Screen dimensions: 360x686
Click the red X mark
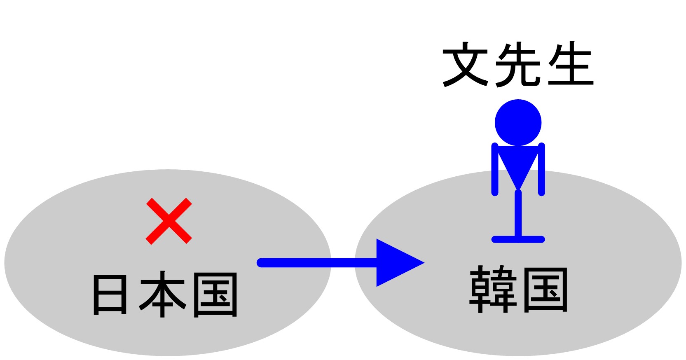click(x=169, y=221)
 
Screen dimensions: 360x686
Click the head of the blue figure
click(x=518, y=122)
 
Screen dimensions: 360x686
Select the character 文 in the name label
click(x=465, y=65)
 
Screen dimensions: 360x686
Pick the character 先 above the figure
click(x=517, y=65)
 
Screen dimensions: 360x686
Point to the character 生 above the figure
click(x=571, y=65)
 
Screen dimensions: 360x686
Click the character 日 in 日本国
click(x=110, y=295)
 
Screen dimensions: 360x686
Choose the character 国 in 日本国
click(x=215, y=295)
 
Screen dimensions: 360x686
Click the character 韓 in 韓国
click(x=493, y=289)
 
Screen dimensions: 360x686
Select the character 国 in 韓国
click(x=546, y=289)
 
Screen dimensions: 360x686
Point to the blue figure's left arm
click(x=495, y=169)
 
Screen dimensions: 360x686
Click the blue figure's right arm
click(x=542, y=169)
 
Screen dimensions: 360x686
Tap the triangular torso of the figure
click(x=518, y=163)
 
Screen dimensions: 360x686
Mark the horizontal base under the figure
click(x=518, y=239)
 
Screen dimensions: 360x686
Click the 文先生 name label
click(x=518, y=65)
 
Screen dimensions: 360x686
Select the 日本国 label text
click(x=165, y=295)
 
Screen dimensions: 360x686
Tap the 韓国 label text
click(x=519, y=289)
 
